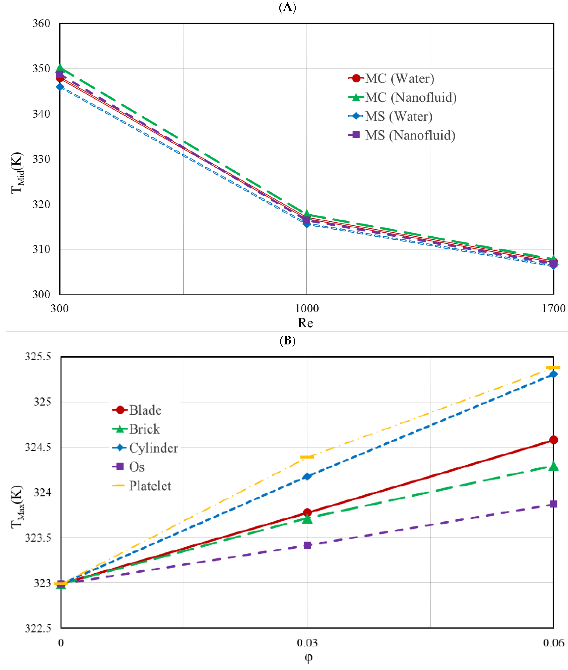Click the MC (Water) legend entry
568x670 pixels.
391,78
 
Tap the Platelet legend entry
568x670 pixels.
142,486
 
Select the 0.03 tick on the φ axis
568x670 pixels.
307,642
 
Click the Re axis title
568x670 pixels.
305,323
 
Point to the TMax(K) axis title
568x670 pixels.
17,507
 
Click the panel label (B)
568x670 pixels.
287,340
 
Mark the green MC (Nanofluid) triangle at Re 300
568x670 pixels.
60,68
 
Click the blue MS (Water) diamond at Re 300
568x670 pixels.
60,87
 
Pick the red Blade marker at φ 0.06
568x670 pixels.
553,440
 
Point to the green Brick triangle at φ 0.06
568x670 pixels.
553,466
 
